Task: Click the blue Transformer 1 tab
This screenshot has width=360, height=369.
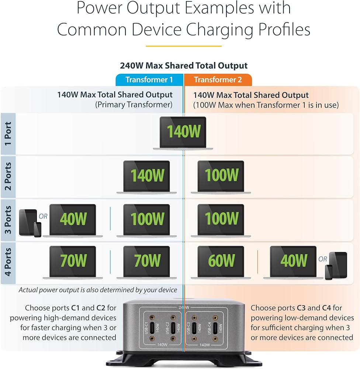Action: (x=149, y=80)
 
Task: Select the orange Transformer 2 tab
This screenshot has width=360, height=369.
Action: (x=218, y=80)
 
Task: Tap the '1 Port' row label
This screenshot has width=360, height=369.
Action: (x=8, y=134)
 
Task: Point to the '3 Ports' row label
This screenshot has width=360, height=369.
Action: (x=8, y=220)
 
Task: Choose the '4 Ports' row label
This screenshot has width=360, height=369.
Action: (x=8, y=262)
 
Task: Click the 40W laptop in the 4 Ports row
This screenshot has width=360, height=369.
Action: (x=293, y=263)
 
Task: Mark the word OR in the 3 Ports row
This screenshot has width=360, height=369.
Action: (x=43, y=216)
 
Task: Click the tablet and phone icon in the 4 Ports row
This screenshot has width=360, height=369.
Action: (x=336, y=266)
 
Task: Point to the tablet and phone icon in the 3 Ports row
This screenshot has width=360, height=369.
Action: (x=30, y=223)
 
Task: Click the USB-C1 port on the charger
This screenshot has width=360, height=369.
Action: (x=152, y=328)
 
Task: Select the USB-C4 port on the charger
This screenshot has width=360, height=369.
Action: (x=215, y=328)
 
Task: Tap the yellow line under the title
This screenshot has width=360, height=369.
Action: (x=184, y=46)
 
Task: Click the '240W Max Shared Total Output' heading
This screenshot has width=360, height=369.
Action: (x=184, y=65)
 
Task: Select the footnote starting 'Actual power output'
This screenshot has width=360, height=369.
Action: (x=98, y=290)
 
